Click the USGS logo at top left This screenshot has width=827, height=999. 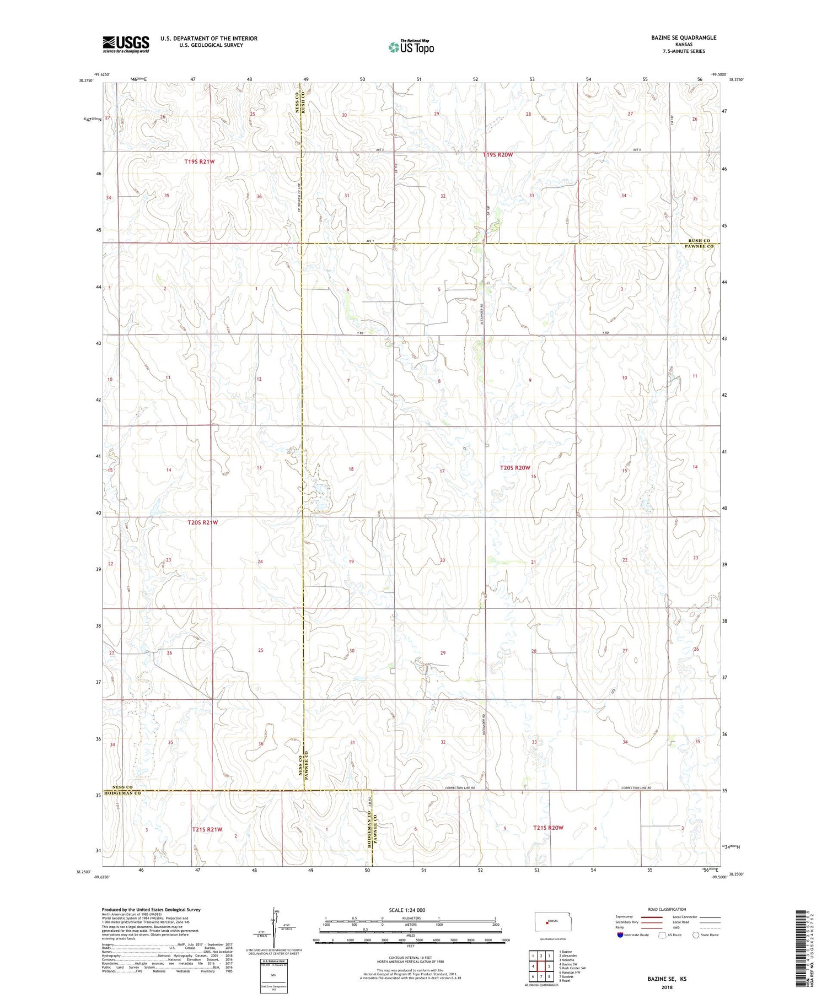[126, 44]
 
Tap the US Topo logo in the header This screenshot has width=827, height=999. [411, 47]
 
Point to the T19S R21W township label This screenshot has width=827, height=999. [200, 162]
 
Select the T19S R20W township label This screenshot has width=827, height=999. [497, 155]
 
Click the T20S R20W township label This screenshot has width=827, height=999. [515, 468]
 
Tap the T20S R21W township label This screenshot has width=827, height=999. [203, 522]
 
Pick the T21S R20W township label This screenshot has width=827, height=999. [548, 828]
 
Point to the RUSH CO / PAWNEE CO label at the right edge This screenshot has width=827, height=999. [700, 244]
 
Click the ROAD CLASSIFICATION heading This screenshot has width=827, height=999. [667, 909]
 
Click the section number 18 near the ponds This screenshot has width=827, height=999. [351, 469]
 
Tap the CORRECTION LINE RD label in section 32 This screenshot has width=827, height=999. [460, 789]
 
